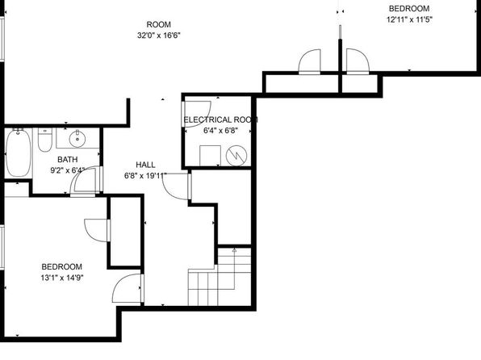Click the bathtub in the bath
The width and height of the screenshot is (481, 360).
[19, 153]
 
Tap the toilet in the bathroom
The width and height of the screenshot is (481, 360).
[45, 140]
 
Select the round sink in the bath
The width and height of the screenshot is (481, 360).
[77, 139]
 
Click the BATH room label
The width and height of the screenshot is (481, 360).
[68, 160]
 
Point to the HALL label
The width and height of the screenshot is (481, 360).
[145, 165]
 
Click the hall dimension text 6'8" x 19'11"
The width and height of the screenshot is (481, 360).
[145, 176]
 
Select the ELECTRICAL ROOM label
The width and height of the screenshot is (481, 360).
[220, 119]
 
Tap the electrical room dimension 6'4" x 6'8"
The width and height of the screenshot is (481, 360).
[220, 131]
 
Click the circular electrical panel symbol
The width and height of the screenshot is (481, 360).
[236, 155]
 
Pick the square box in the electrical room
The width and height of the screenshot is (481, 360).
[210, 156]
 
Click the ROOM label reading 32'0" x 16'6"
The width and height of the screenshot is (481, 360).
[159, 24]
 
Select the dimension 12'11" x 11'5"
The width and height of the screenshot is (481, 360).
[409, 20]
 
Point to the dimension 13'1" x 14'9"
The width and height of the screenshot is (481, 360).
[62, 278]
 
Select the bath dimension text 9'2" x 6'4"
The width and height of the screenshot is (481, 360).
[68, 170]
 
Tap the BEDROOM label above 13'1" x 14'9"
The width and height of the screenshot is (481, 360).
[62, 266]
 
